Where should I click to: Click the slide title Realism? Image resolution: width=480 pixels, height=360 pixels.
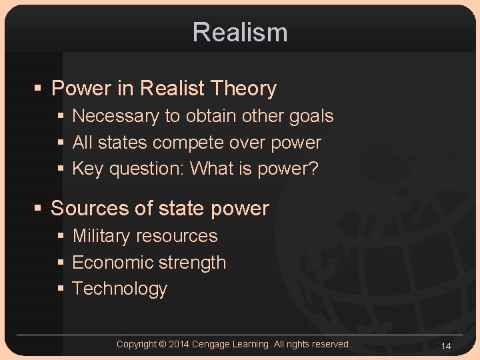[240, 32]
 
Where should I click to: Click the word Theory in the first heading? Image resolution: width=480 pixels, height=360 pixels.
[243, 89]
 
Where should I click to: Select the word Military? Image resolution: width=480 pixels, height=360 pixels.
[101, 236]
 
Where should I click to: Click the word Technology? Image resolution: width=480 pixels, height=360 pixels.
[119, 289]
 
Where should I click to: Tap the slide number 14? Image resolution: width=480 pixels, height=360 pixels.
[446, 345]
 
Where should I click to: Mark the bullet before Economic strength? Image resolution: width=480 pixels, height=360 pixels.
[61, 263]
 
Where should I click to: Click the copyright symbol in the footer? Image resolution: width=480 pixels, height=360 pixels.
[163, 344]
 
